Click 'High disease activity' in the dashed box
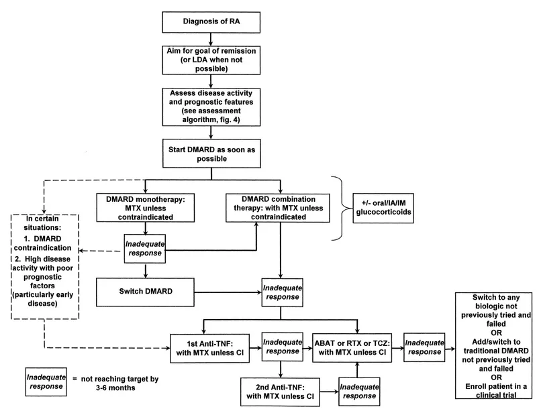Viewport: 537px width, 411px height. [x=52, y=260]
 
